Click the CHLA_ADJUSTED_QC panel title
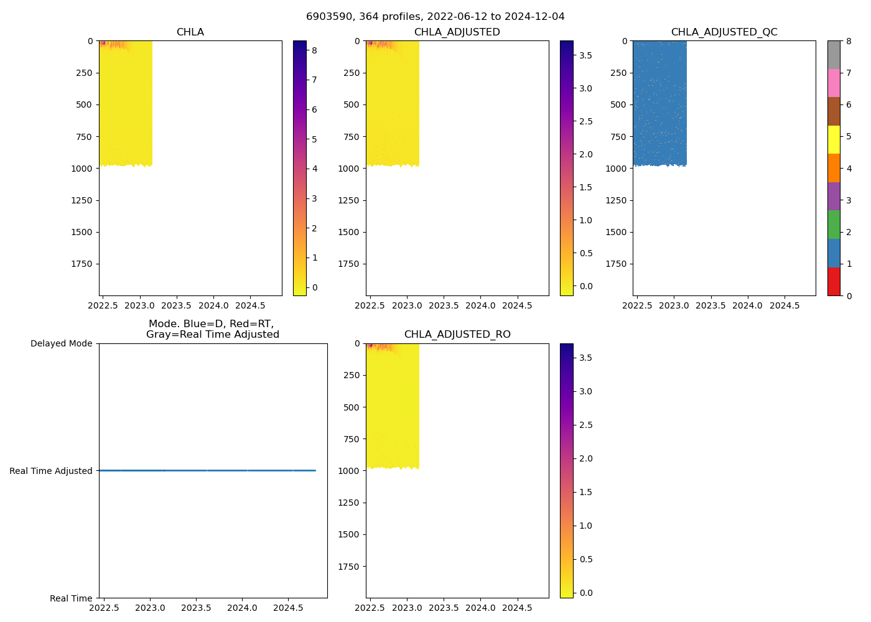pos(724,32)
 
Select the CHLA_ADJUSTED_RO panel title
pos(457,335)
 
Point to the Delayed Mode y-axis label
pos(61,343)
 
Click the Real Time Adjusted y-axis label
pos(51,471)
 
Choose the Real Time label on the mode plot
pos(71,598)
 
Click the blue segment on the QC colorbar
pos(834,253)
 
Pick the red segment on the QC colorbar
pos(834,282)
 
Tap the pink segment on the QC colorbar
pos(834,83)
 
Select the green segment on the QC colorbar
pos(834,225)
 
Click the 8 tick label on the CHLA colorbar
pos(314,50)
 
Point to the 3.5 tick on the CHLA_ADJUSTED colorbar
pos(585,55)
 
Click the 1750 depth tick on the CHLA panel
pos(82,264)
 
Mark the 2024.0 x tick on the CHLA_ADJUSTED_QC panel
pos(747,306)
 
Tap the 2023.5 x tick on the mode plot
pos(196,608)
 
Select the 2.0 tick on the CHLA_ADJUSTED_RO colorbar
pos(585,458)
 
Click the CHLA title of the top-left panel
pos(190,32)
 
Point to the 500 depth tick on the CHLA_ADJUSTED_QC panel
pos(618,104)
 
